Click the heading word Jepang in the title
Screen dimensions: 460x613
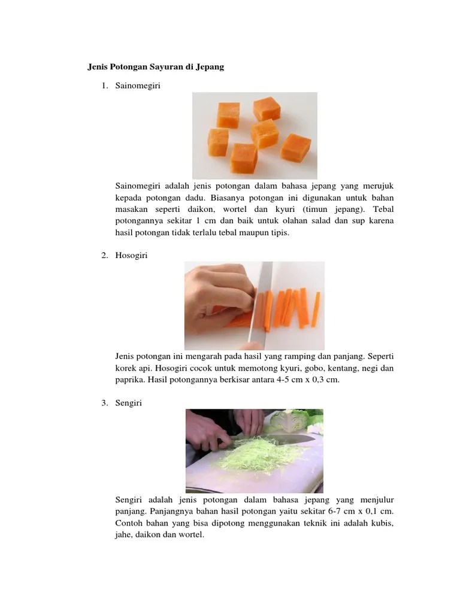click(x=210, y=67)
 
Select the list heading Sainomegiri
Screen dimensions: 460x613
click(x=138, y=86)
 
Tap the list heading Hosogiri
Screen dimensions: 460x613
click(x=131, y=256)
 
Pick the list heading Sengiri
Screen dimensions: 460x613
click(x=128, y=403)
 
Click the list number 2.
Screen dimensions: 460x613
click(x=104, y=256)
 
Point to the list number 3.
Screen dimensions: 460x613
click(x=104, y=403)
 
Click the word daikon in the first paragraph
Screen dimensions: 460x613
click(x=201, y=209)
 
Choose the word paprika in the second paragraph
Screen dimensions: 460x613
click(x=130, y=380)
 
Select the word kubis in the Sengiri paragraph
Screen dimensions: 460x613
click(x=382, y=523)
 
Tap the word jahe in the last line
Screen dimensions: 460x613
click(x=123, y=535)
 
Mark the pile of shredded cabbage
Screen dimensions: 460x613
click(x=258, y=455)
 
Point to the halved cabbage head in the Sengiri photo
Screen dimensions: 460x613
click(x=289, y=420)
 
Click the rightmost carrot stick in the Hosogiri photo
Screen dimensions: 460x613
click(x=316, y=309)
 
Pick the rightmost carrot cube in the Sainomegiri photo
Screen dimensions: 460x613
click(x=296, y=148)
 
